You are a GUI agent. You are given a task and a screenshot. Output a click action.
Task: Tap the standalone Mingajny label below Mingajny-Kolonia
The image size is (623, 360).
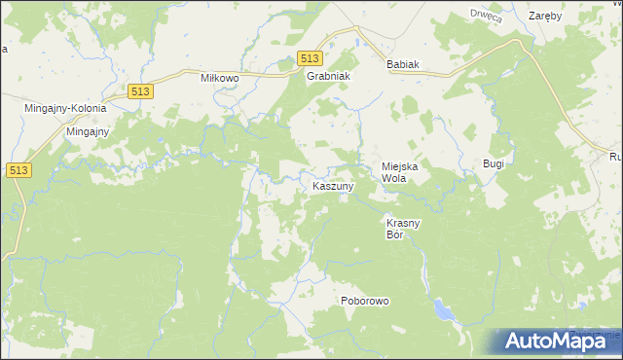point(87,130)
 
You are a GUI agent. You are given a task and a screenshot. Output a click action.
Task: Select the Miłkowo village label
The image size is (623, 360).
point(220,77)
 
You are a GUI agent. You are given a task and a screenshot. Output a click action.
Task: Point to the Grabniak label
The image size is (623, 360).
point(328,77)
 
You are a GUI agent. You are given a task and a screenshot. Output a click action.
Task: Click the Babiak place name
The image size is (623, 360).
point(402,64)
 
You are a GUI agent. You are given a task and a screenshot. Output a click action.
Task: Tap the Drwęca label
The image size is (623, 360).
point(485,15)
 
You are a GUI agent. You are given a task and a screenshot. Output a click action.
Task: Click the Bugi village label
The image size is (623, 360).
point(494,163)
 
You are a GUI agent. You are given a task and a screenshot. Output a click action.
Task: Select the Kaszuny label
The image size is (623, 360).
point(333,185)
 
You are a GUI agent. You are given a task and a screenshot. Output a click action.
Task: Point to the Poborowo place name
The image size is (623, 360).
point(365,301)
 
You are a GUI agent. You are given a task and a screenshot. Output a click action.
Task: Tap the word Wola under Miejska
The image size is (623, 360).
point(393,179)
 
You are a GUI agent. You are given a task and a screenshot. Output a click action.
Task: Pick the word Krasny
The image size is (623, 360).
point(403,223)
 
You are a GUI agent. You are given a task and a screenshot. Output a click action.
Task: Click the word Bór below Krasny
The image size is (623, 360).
point(394,234)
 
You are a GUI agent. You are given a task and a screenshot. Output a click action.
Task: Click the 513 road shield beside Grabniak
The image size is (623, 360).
point(310,58)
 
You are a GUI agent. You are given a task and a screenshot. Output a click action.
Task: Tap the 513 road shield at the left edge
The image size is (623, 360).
point(17,169)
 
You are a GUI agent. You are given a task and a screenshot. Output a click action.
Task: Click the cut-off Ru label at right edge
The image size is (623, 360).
point(615,157)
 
